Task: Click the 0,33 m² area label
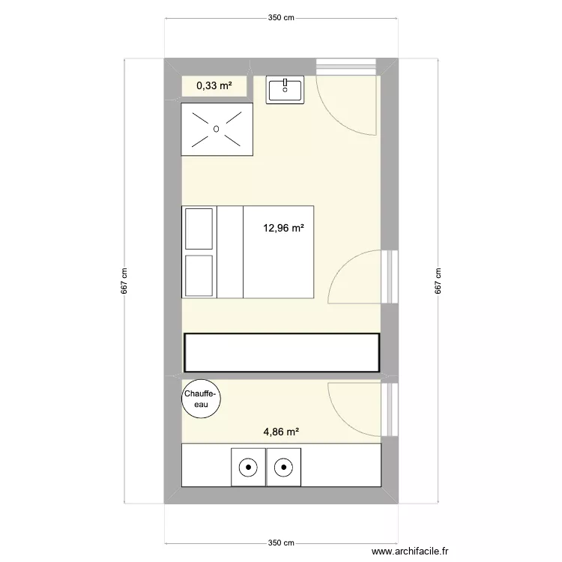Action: pyautogui.click(x=214, y=86)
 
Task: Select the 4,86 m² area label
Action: pyautogui.click(x=281, y=432)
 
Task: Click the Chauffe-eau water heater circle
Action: pyautogui.click(x=201, y=398)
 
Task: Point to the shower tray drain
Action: pyautogui.click(x=217, y=129)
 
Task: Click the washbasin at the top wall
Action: pyautogui.click(x=285, y=90)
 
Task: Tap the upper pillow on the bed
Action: pyautogui.click(x=200, y=229)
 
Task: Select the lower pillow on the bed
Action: pyautogui.click(x=200, y=275)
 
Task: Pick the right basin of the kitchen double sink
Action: pyautogui.click(x=283, y=468)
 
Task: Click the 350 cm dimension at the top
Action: pyautogui.click(x=282, y=18)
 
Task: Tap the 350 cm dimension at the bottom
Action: pyautogui.click(x=282, y=543)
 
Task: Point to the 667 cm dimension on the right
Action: pyautogui.click(x=438, y=282)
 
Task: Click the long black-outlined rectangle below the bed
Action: pyautogui.click(x=281, y=352)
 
